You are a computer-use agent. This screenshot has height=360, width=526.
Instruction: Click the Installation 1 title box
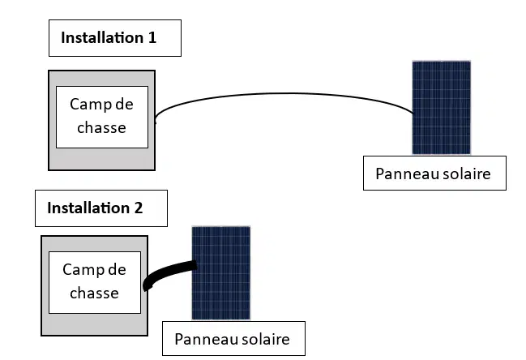pyautogui.click(x=115, y=38)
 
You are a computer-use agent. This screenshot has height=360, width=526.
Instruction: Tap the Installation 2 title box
pyautogui.click(x=101, y=208)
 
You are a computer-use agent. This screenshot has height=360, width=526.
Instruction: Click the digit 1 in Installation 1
pyautogui.click(x=152, y=37)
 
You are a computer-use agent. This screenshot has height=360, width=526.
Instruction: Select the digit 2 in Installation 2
pyautogui.click(x=139, y=208)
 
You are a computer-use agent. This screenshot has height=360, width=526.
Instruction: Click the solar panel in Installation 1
pyautogui.click(x=442, y=108)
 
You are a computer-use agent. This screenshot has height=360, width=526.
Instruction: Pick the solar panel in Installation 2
pyautogui.click(x=221, y=273)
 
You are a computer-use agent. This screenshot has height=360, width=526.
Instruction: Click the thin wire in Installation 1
pyautogui.click(x=285, y=93)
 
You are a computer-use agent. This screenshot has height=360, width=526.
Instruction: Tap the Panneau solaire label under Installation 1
pyautogui.click(x=434, y=174)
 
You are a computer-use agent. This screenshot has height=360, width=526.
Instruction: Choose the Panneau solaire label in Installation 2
pyautogui.click(x=233, y=339)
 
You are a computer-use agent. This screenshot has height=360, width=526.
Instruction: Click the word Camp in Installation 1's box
pyautogui.click(x=88, y=105)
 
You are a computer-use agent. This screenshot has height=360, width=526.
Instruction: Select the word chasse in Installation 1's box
pyautogui.click(x=101, y=128)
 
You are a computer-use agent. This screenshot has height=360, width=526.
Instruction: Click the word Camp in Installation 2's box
pyautogui.click(x=80, y=270)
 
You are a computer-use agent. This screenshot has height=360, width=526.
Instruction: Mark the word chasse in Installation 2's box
pyautogui.click(x=94, y=294)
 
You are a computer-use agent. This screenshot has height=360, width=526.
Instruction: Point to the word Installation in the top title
pyautogui.click(x=102, y=37)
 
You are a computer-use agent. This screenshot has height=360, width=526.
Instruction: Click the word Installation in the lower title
pyautogui.click(x=88, y=208)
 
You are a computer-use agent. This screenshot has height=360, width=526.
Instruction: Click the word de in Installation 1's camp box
pyautogui.click(x=124, y=104)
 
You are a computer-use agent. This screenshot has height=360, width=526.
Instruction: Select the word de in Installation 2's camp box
pyautogui.click(x=117, y=269)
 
